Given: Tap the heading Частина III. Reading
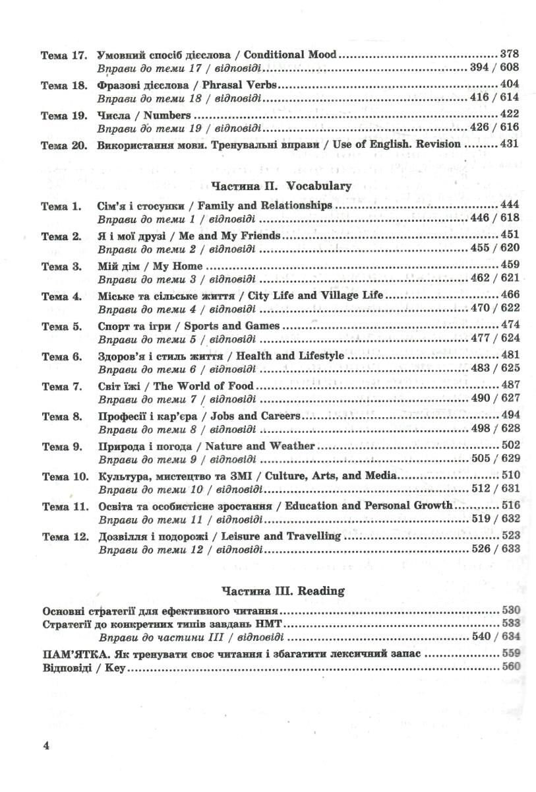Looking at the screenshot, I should [283, 591].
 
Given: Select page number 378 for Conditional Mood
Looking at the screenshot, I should [510, 54].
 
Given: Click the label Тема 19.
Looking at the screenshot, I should [63, 115].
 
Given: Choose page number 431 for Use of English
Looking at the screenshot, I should [510, 145].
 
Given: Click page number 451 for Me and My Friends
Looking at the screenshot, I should [510, 235].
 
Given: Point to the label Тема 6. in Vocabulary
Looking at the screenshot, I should [61, 356].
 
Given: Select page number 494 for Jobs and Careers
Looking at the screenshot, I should [510, 416].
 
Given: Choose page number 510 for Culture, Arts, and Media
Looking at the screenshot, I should [510, 475].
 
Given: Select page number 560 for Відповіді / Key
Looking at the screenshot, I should [510, 668].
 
